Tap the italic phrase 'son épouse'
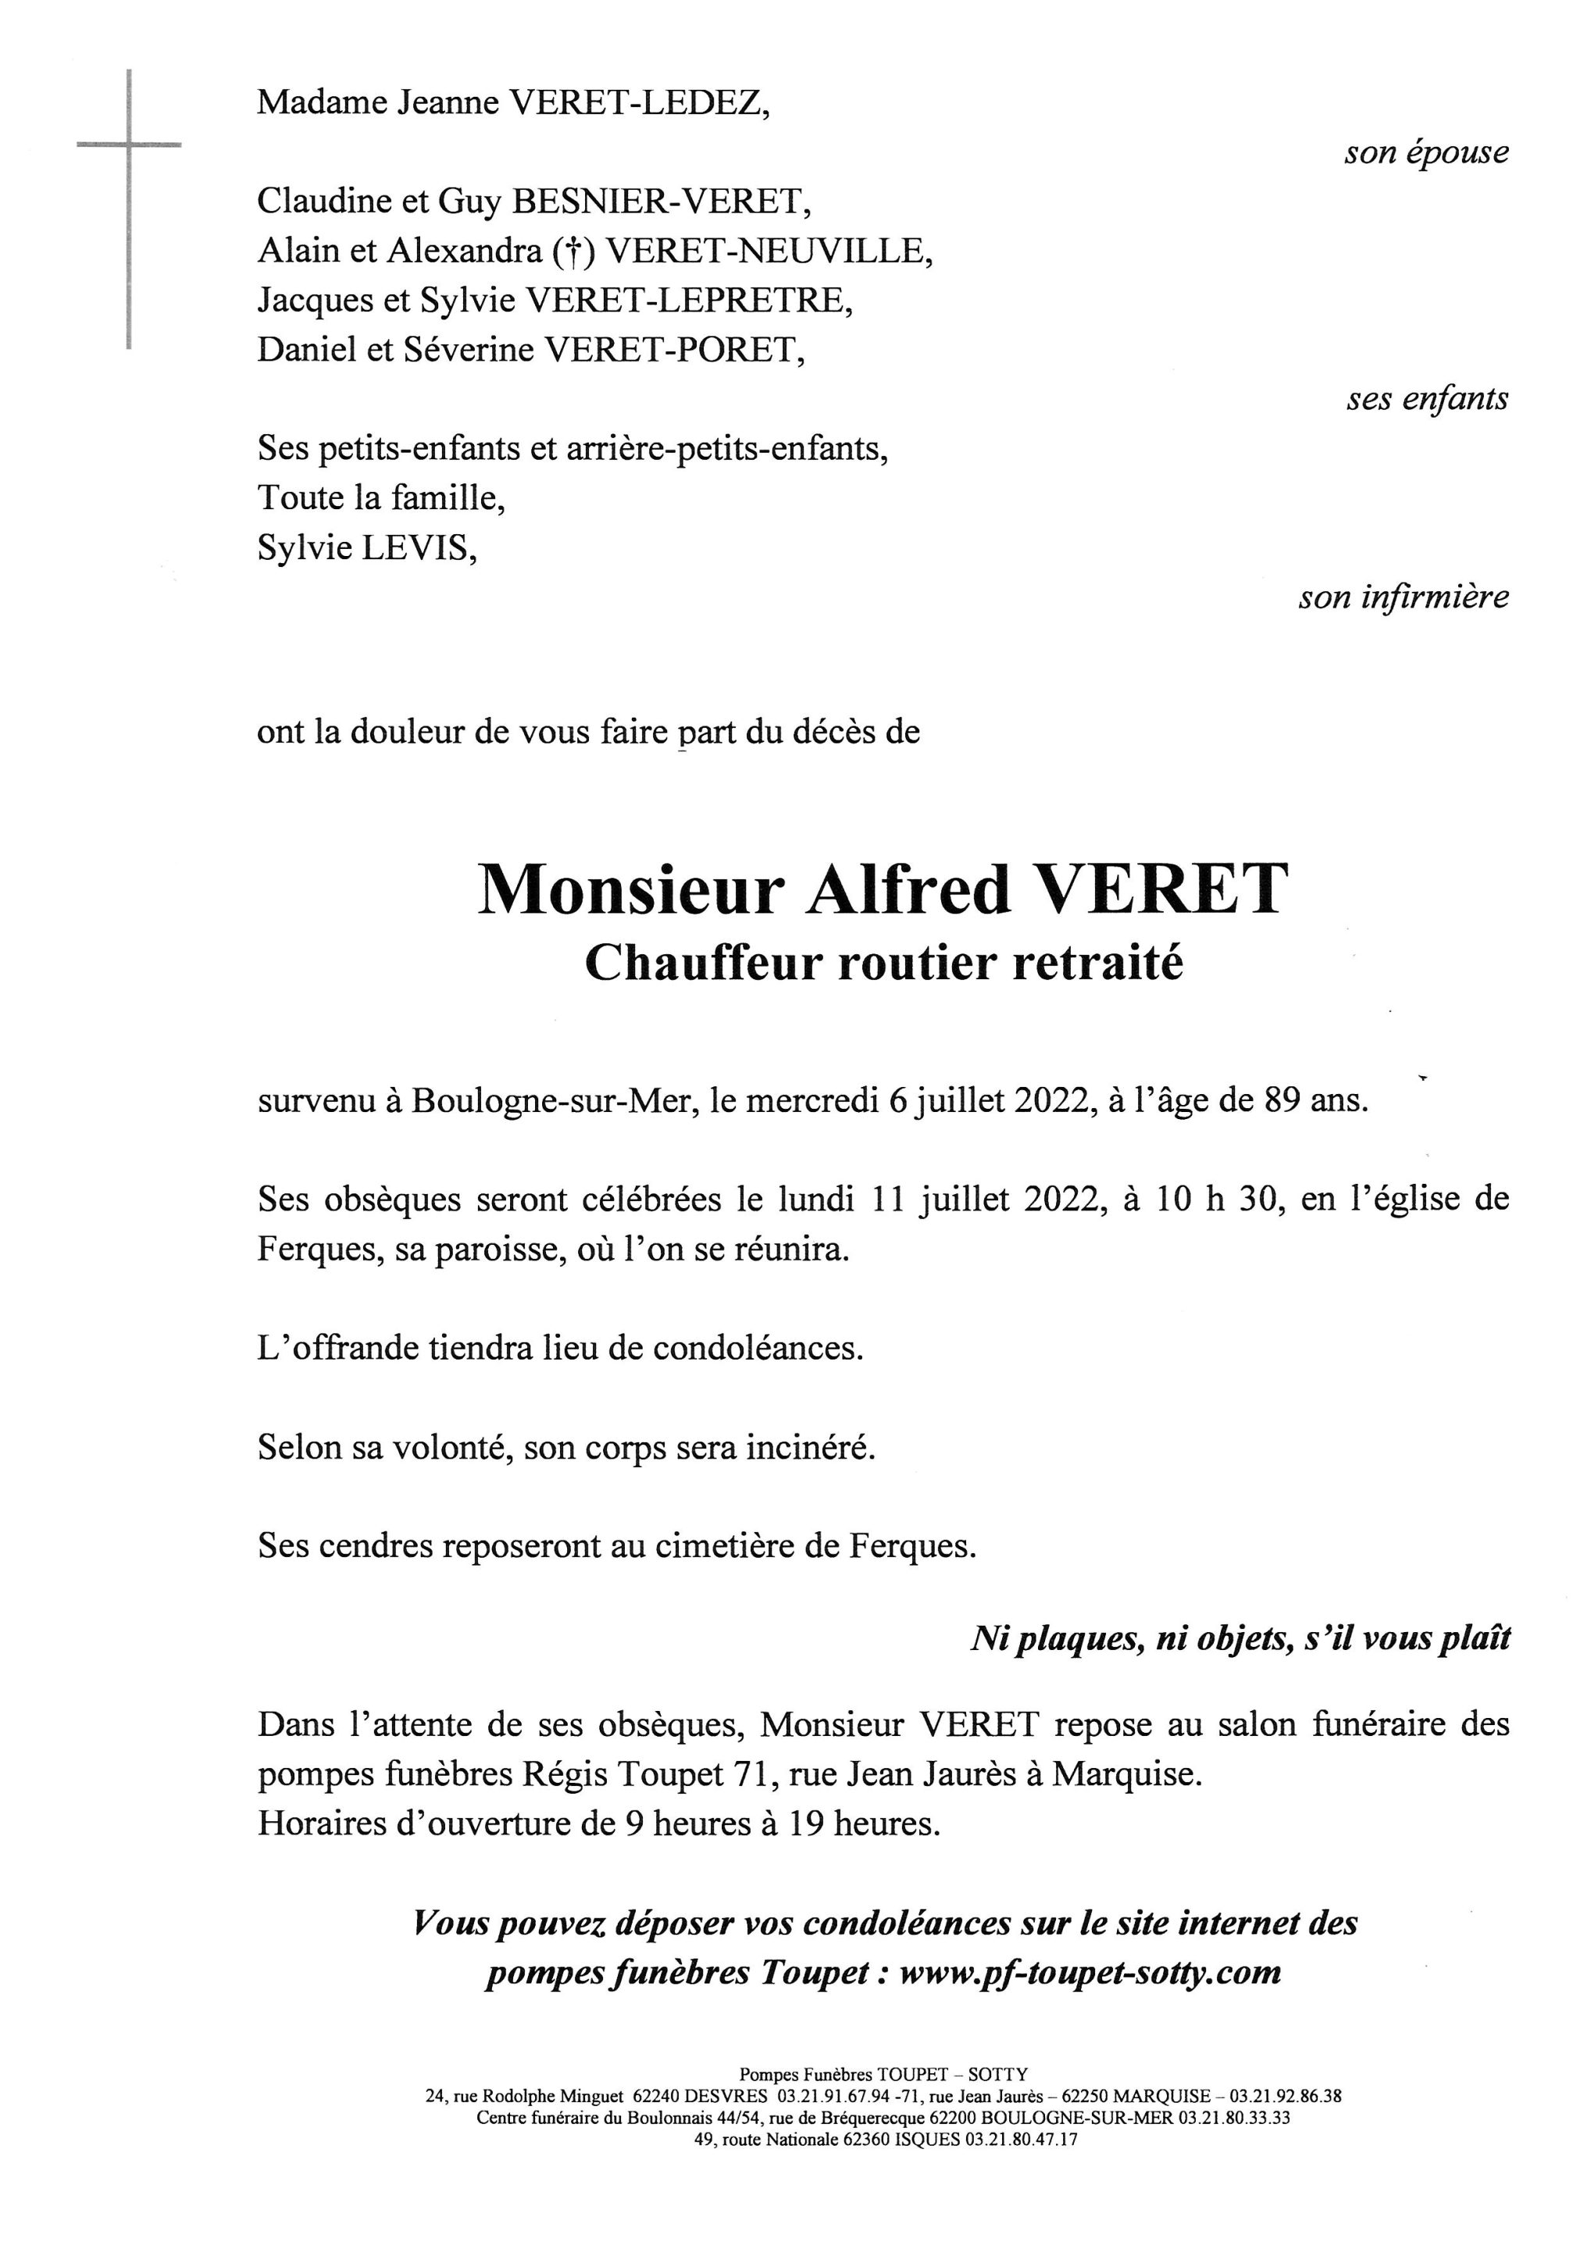pos(1426,153)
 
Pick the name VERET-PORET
pos(674,350)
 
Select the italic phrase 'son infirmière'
pos(1404,597)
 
